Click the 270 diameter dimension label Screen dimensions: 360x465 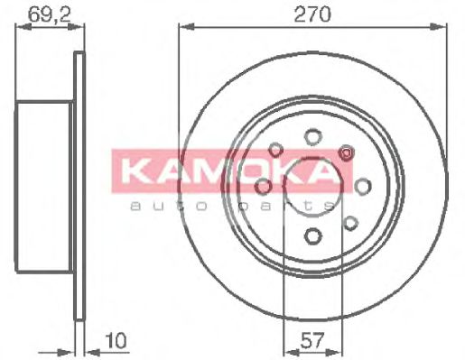(x=312, y=14)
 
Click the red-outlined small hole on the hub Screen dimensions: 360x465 (x=344, y=154)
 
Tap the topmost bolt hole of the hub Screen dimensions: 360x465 (x=312, y=136)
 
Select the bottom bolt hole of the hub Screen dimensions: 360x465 (x=312, y=236)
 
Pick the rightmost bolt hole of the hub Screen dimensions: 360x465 (x=363, y=186)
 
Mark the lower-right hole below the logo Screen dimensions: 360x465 (x=349, y=221)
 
